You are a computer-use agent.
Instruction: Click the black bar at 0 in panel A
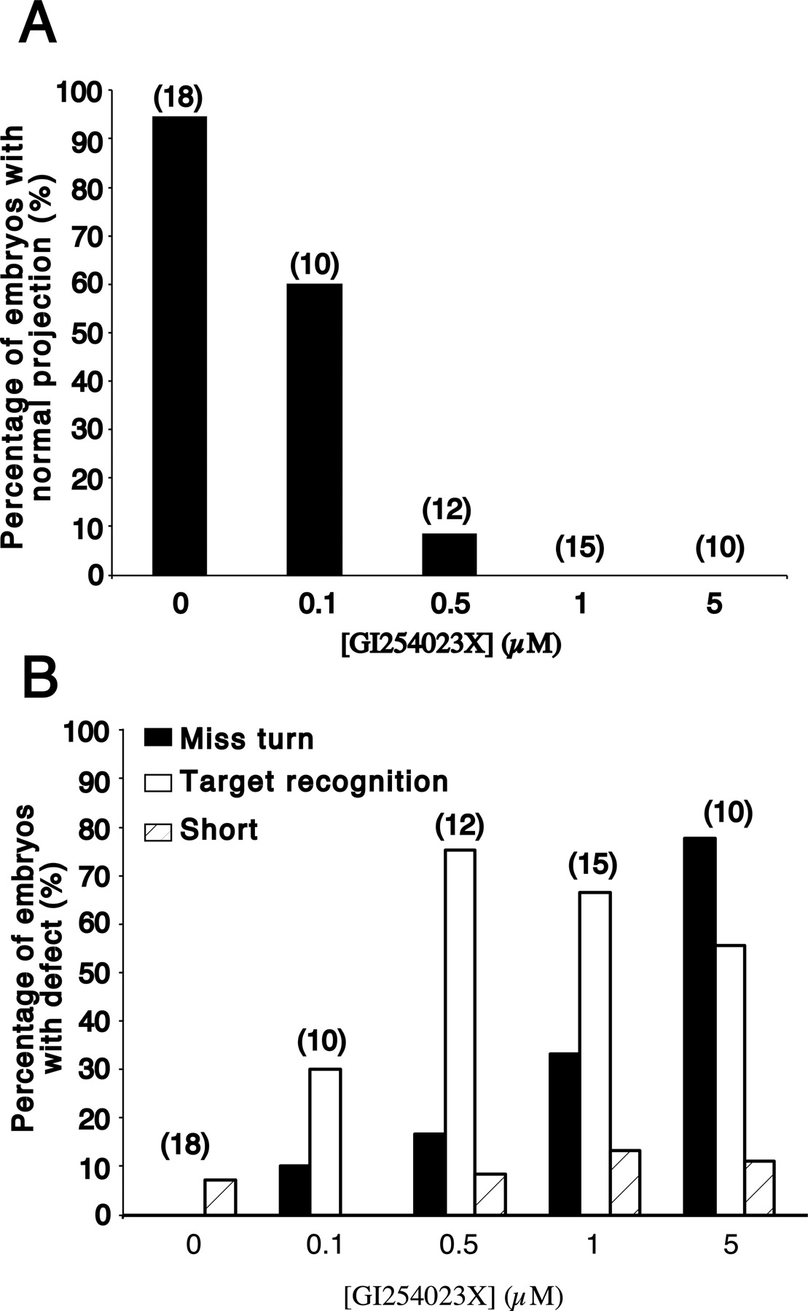click(179, 346)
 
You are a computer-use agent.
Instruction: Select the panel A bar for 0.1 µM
click(314, 430)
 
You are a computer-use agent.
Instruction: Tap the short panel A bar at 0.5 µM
click(449, 554)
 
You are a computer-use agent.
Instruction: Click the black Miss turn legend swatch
click(158, 739)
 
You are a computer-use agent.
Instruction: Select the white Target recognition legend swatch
click(158, 782)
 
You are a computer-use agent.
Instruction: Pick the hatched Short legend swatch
click(158, 830)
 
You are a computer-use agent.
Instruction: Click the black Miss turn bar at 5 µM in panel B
click(699, 1027)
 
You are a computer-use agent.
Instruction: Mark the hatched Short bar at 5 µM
click(759, 1187)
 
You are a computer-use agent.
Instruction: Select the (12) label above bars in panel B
click(460, 827)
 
